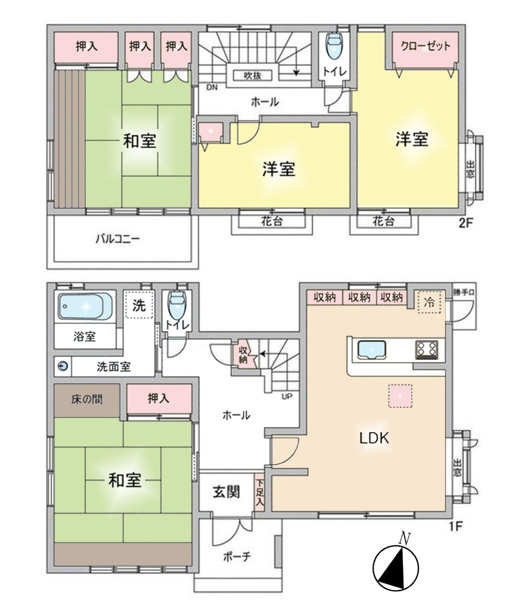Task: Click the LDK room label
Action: [374, 438]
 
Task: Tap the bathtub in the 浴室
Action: [85, 306]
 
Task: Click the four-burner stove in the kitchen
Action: [426, 350]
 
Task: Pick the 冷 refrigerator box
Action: [429, 302]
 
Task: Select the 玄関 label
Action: [226, 492]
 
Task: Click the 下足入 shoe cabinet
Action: [259, 492]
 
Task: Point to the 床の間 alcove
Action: [87, 399]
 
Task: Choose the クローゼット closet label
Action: [425, 46]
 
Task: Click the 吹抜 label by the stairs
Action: [252, 76]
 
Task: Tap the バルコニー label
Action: [118, 239]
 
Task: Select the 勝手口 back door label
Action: [464, 293]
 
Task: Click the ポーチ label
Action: [237, 557]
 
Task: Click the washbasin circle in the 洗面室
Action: [63, 366]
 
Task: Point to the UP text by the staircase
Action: [287, 397]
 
